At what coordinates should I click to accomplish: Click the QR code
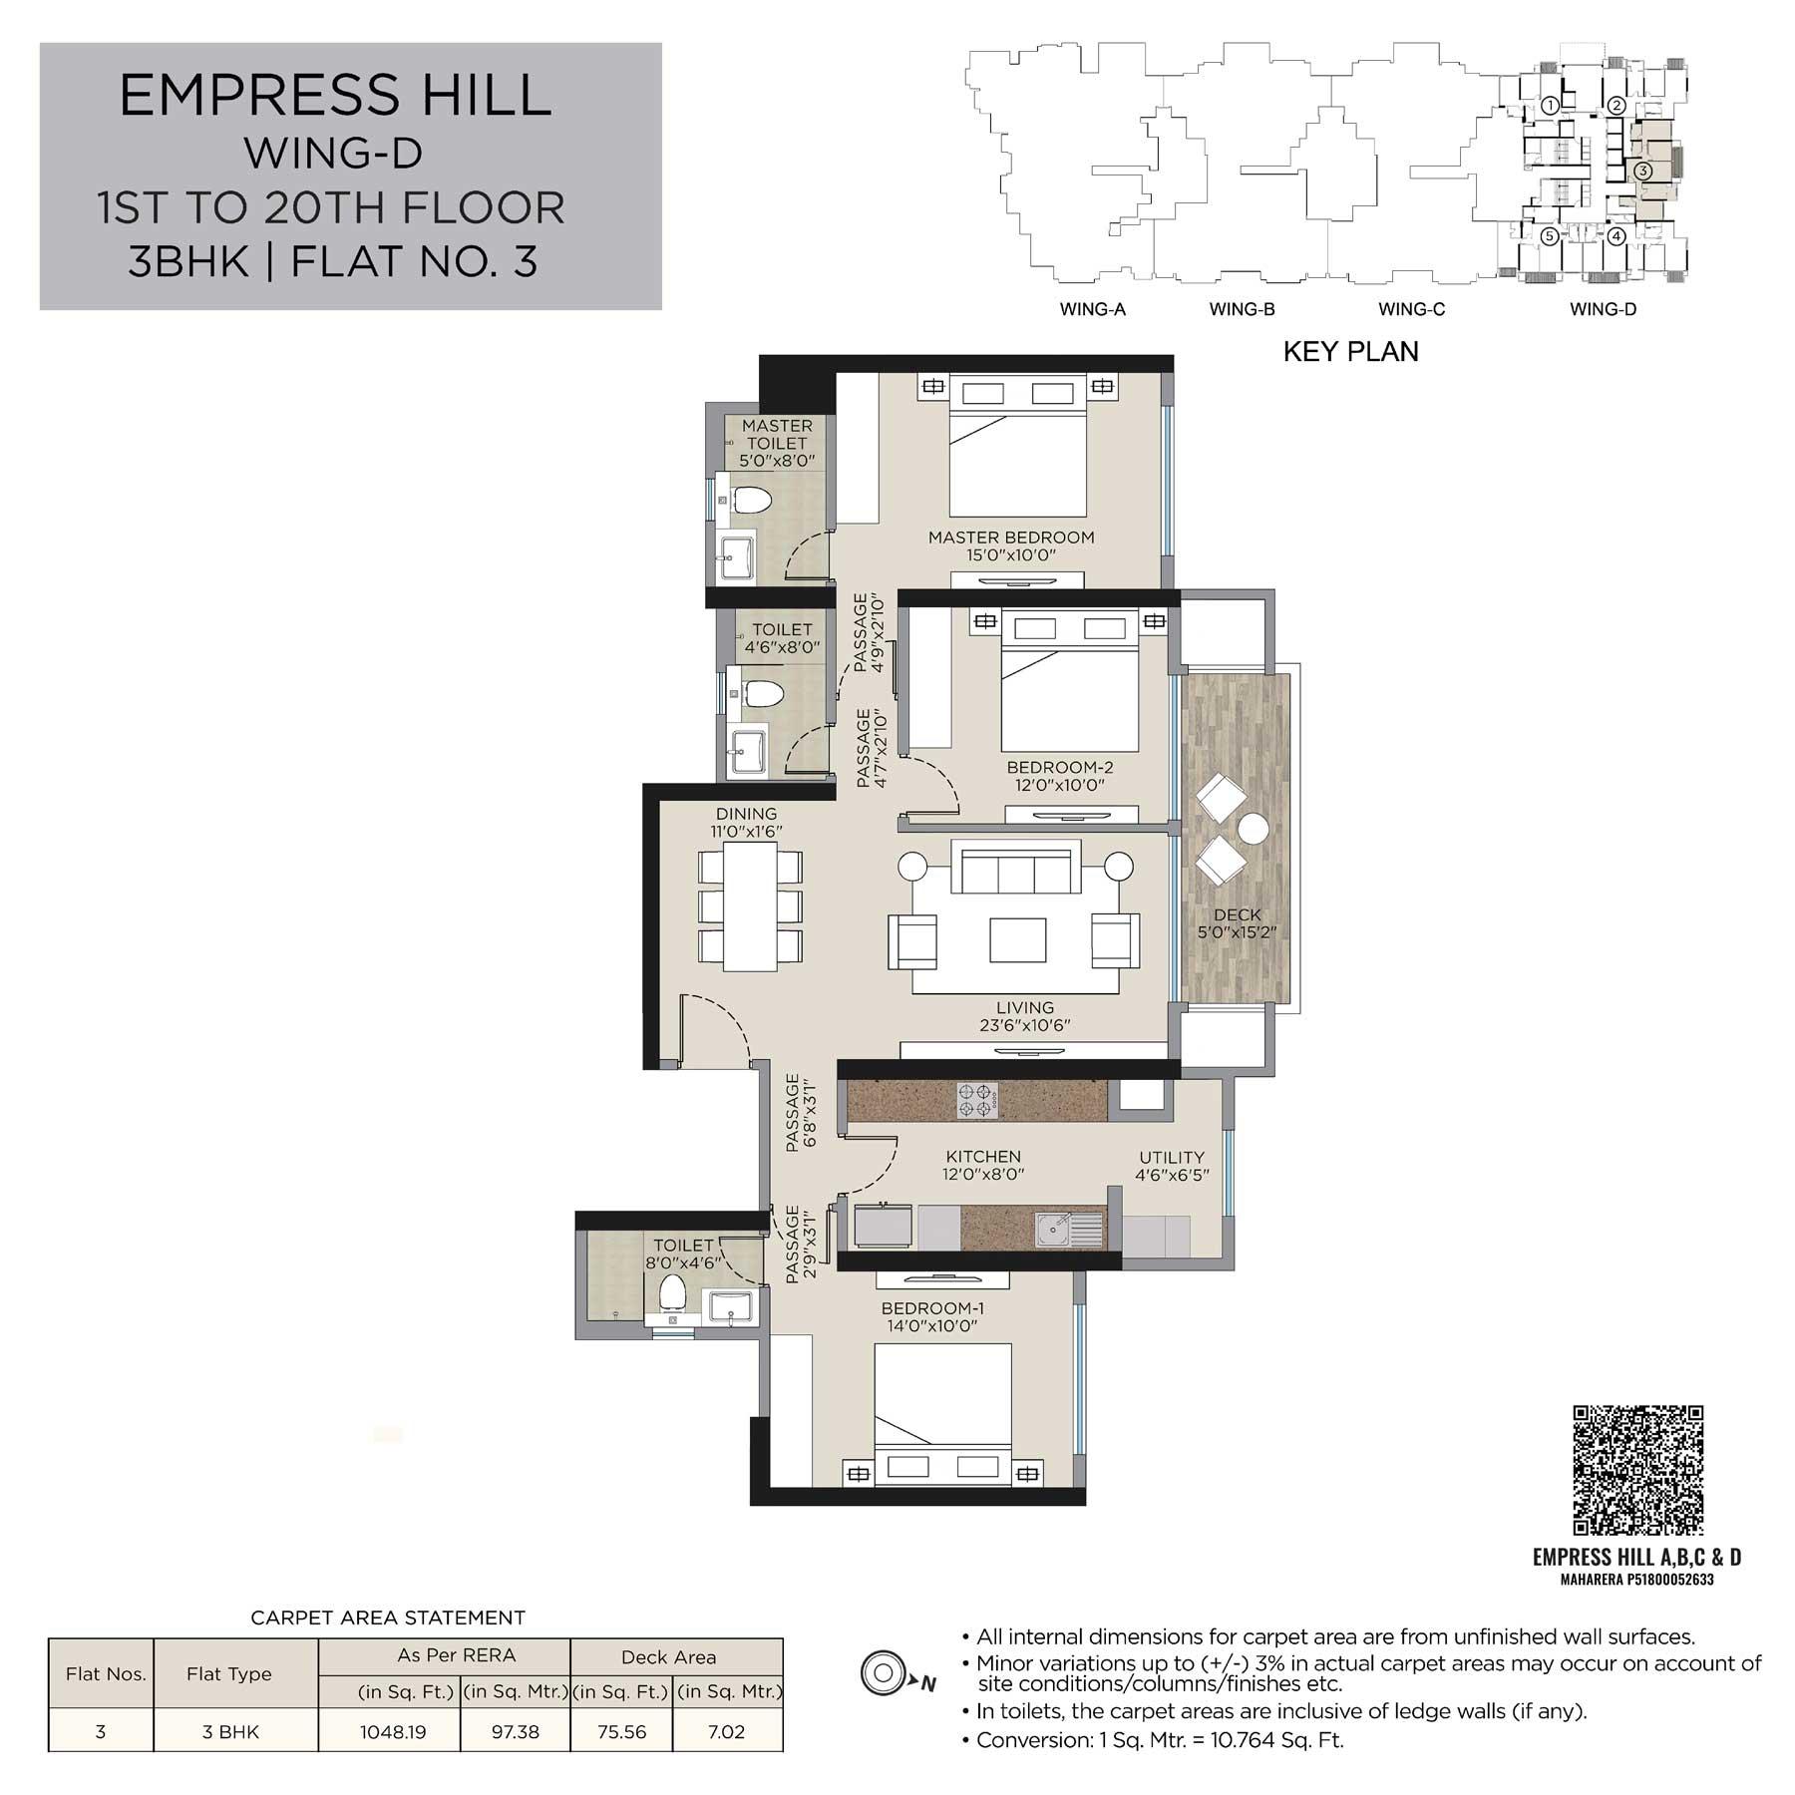[x=1637, y=1470]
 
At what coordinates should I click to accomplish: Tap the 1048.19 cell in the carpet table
[x=393, y=1732]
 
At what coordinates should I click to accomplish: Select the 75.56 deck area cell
[x=621, y=1732]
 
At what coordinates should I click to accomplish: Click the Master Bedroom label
[x=1011, y=538]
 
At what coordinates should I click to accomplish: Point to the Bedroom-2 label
[x=1060, y=767]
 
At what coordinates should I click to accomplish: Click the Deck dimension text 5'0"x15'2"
[x=1238, y=933]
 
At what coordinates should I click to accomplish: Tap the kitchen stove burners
[x=977, y=1100]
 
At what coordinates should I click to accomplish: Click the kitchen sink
[x=1070, y=1230]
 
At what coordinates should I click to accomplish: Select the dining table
[x=750, y=906]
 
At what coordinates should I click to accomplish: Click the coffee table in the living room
[x=1017, y=940]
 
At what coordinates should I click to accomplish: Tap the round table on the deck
[x=1252, y=830]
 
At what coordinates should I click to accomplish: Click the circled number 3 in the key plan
[x=1643, y=171]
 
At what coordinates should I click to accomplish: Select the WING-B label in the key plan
[x=1242, y=309]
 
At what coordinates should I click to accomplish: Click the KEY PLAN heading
[x=1350, y=351]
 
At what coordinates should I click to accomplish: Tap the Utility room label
[x=1172, y=1158]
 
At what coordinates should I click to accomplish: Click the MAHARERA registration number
[x=1636, y=1580]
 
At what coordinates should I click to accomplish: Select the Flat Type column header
[x=229, y=1674]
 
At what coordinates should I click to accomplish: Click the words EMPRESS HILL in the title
[x=335, y=96]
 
